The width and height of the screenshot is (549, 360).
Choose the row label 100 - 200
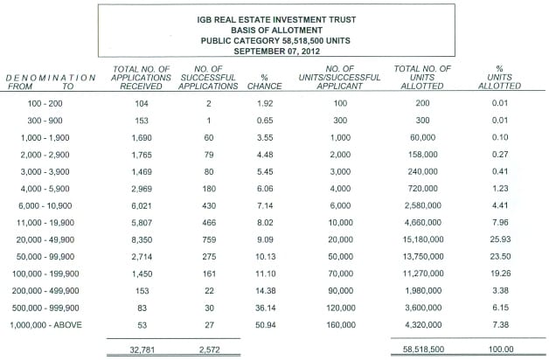pyautogui.click(x=45, y=103)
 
